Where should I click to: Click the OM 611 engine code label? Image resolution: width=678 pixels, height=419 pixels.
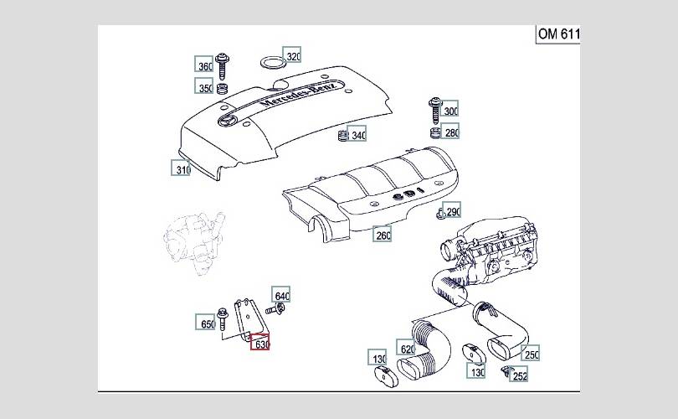557,34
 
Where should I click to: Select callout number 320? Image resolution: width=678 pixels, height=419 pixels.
292,55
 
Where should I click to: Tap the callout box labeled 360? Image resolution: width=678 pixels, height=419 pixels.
203,64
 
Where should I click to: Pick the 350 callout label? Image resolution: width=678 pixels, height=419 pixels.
203,85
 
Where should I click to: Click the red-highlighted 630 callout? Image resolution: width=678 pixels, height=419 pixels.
260,343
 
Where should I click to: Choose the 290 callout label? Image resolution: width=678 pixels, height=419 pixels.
452,210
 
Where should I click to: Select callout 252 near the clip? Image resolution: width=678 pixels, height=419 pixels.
519,374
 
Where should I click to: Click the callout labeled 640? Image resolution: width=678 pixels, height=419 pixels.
281,294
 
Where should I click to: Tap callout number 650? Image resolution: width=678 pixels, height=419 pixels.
205,322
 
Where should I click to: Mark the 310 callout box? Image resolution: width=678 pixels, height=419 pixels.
181,168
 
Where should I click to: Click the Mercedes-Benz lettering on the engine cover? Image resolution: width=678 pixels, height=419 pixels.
298,94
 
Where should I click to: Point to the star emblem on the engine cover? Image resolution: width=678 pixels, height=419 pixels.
228,121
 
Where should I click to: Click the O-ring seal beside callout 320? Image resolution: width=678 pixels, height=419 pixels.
273,63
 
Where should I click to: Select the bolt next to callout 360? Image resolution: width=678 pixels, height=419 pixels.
223,66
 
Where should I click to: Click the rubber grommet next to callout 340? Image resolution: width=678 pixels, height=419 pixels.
343,136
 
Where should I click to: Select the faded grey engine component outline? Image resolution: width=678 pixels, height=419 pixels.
194,242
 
